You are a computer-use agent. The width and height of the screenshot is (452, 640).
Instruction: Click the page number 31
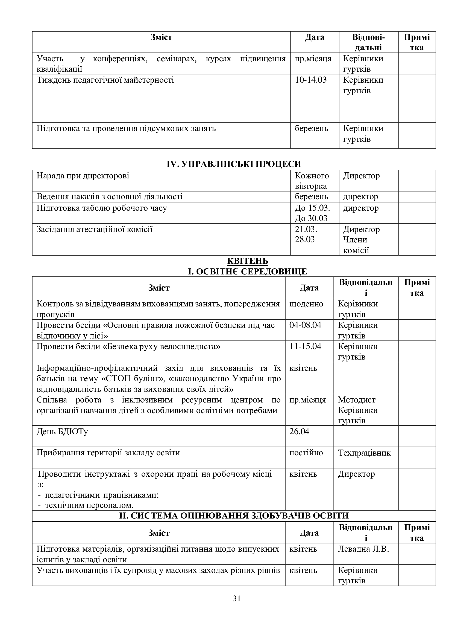237,606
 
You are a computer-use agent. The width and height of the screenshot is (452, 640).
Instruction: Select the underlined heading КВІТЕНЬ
248,261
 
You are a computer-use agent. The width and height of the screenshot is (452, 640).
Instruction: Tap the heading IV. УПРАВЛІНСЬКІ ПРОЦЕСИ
234,164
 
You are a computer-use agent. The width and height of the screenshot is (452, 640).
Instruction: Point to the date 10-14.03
311,80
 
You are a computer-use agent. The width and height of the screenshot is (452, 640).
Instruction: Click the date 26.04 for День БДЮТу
299,432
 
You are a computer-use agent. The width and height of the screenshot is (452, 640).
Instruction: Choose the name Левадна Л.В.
363,549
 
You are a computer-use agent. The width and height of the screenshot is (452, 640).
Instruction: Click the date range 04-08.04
305,325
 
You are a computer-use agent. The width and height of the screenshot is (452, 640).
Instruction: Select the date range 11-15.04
305,346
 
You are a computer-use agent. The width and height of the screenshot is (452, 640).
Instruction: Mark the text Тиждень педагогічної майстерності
105,80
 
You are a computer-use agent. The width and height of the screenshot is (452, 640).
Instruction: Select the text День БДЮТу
62,432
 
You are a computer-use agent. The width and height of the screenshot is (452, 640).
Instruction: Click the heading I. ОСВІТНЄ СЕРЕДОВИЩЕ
247,271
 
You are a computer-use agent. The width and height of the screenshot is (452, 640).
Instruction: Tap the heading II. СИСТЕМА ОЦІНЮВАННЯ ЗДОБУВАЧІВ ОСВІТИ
234,516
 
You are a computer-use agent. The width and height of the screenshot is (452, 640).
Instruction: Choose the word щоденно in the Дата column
306,303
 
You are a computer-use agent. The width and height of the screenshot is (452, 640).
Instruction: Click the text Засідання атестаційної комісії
95,229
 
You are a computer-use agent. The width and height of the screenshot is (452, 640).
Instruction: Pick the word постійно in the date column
306,453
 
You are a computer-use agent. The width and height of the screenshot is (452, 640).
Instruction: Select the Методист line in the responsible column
357,400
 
